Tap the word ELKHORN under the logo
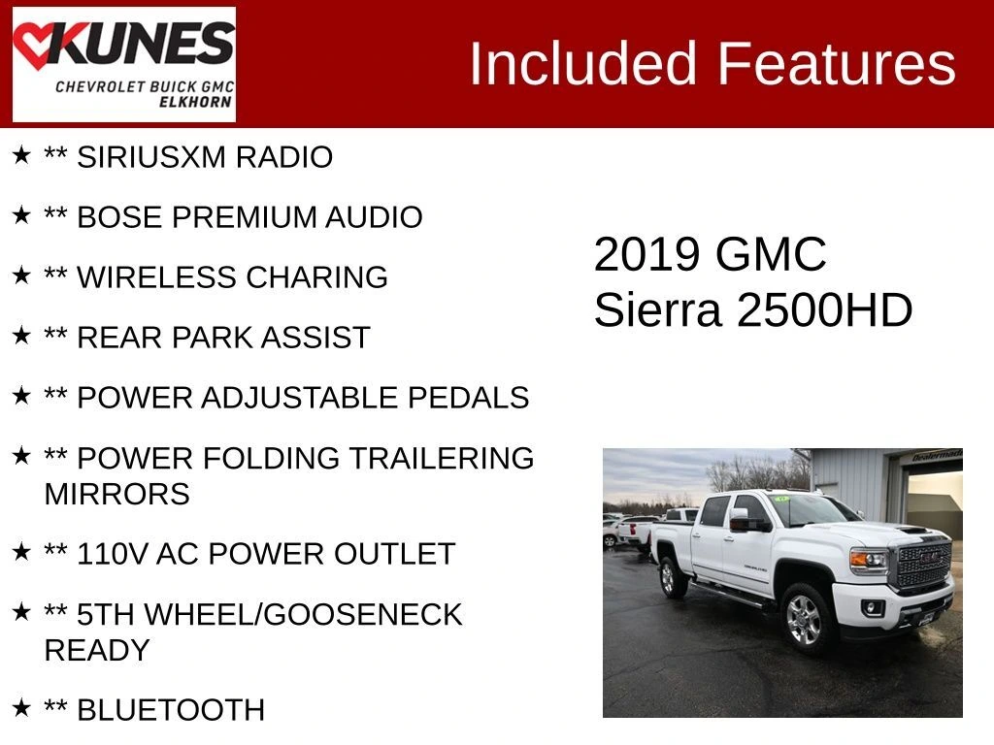point(195,102)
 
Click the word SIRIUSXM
point(151,157)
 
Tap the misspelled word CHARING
point(316,277)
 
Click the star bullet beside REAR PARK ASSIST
point(21,335)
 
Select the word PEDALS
point(468,398)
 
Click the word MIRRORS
point(116,494)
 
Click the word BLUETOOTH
point(171,710)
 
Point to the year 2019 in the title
point(646,255)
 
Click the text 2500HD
point(824,310)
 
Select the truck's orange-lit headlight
point(869,560)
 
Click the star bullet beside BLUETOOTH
point(21,707)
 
